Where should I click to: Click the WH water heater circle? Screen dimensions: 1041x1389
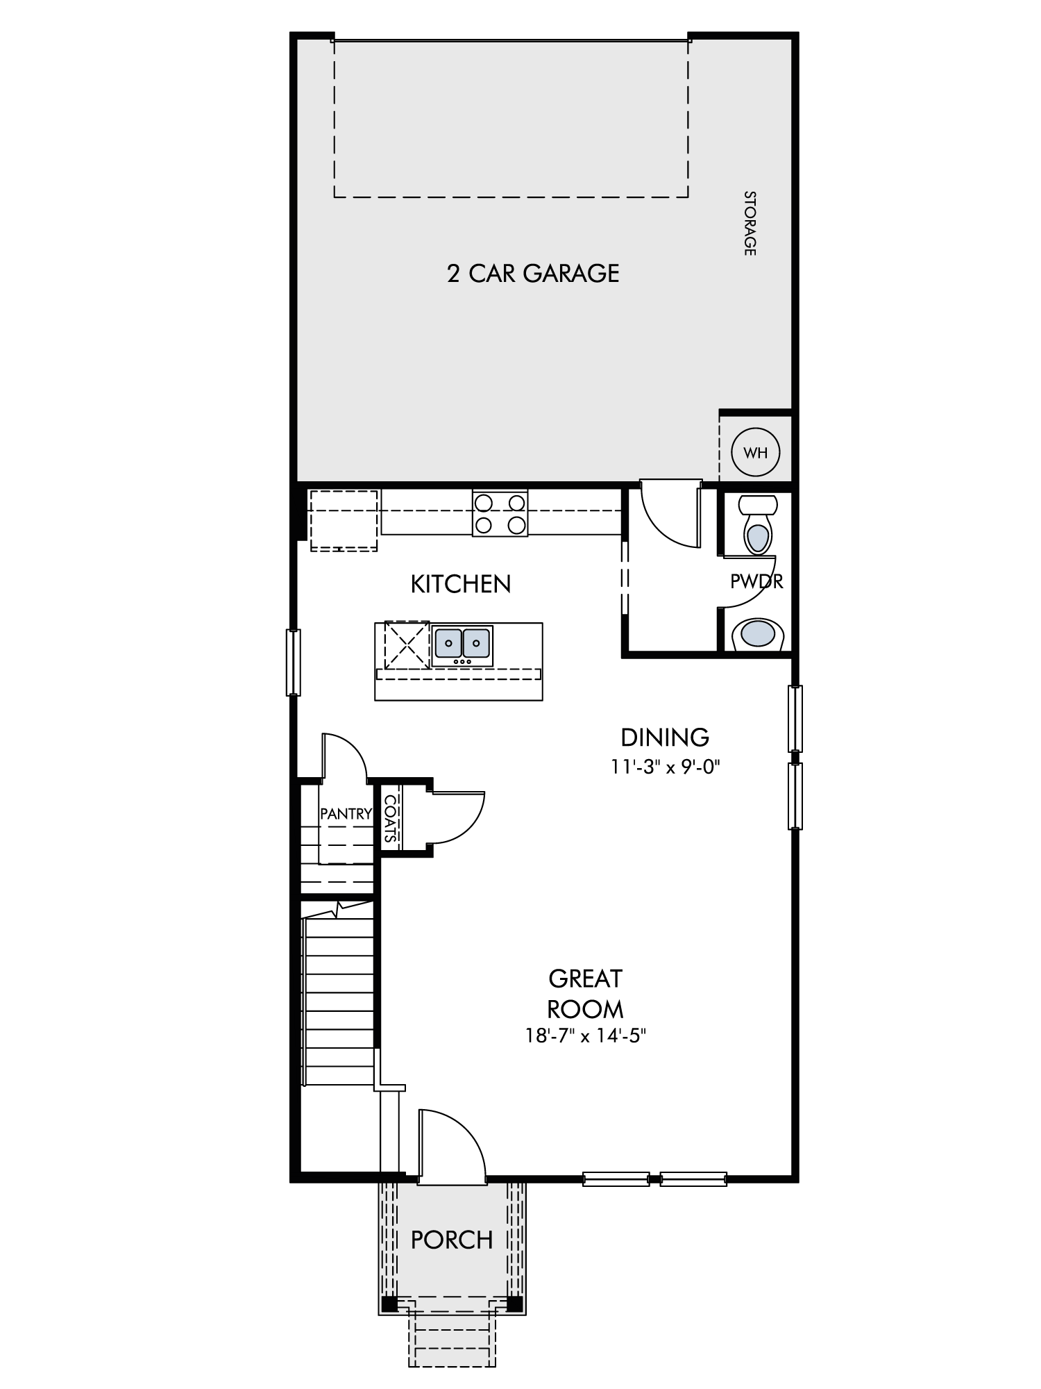pos(756,453)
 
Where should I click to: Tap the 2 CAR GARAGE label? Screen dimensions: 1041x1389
pos(533,273)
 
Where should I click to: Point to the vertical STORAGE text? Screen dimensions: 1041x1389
pos(750,223)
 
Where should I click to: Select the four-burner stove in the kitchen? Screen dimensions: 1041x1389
pos(500,513)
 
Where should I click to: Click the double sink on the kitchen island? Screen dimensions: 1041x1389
pos(463,645)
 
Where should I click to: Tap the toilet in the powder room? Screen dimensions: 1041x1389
pos(757,524)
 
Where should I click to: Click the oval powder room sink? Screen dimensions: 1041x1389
pos(757,634)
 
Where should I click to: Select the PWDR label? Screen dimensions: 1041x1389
pos(756,581)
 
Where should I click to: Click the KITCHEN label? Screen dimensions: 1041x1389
pos(461,584)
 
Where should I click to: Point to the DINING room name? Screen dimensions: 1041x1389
pos(665,736)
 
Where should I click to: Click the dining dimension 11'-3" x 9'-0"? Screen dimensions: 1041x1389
pos(665,767)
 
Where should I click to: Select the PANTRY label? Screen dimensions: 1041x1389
pos(346,813)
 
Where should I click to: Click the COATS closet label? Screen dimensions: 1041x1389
pos(391,818)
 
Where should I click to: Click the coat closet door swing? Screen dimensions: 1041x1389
pos(470,828)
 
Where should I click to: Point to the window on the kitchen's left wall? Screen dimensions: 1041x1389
pos(294,662)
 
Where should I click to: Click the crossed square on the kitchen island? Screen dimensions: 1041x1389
pos(407,645)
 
